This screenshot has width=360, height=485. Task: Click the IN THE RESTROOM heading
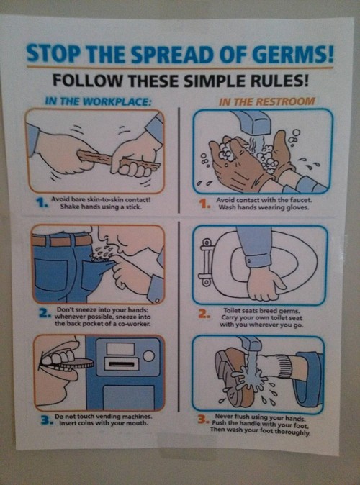tap(267, 101)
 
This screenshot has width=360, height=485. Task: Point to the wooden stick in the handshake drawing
tap(118, 160)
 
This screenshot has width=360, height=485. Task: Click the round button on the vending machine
tap(148, 355)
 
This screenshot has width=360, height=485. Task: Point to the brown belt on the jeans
tap(62, 240)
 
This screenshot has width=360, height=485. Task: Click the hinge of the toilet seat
tap(206, 259)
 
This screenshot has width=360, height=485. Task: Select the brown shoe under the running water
tap(235, 378)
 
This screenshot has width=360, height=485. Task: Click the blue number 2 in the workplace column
tap(44, 313)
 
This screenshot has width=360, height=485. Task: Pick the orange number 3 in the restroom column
tap(202, 420)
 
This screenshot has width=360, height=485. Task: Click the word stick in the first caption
tap(135, 207)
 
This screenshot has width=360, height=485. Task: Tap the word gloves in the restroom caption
tap(298, 207)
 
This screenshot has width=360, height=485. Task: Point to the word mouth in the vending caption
tap(138, 422)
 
